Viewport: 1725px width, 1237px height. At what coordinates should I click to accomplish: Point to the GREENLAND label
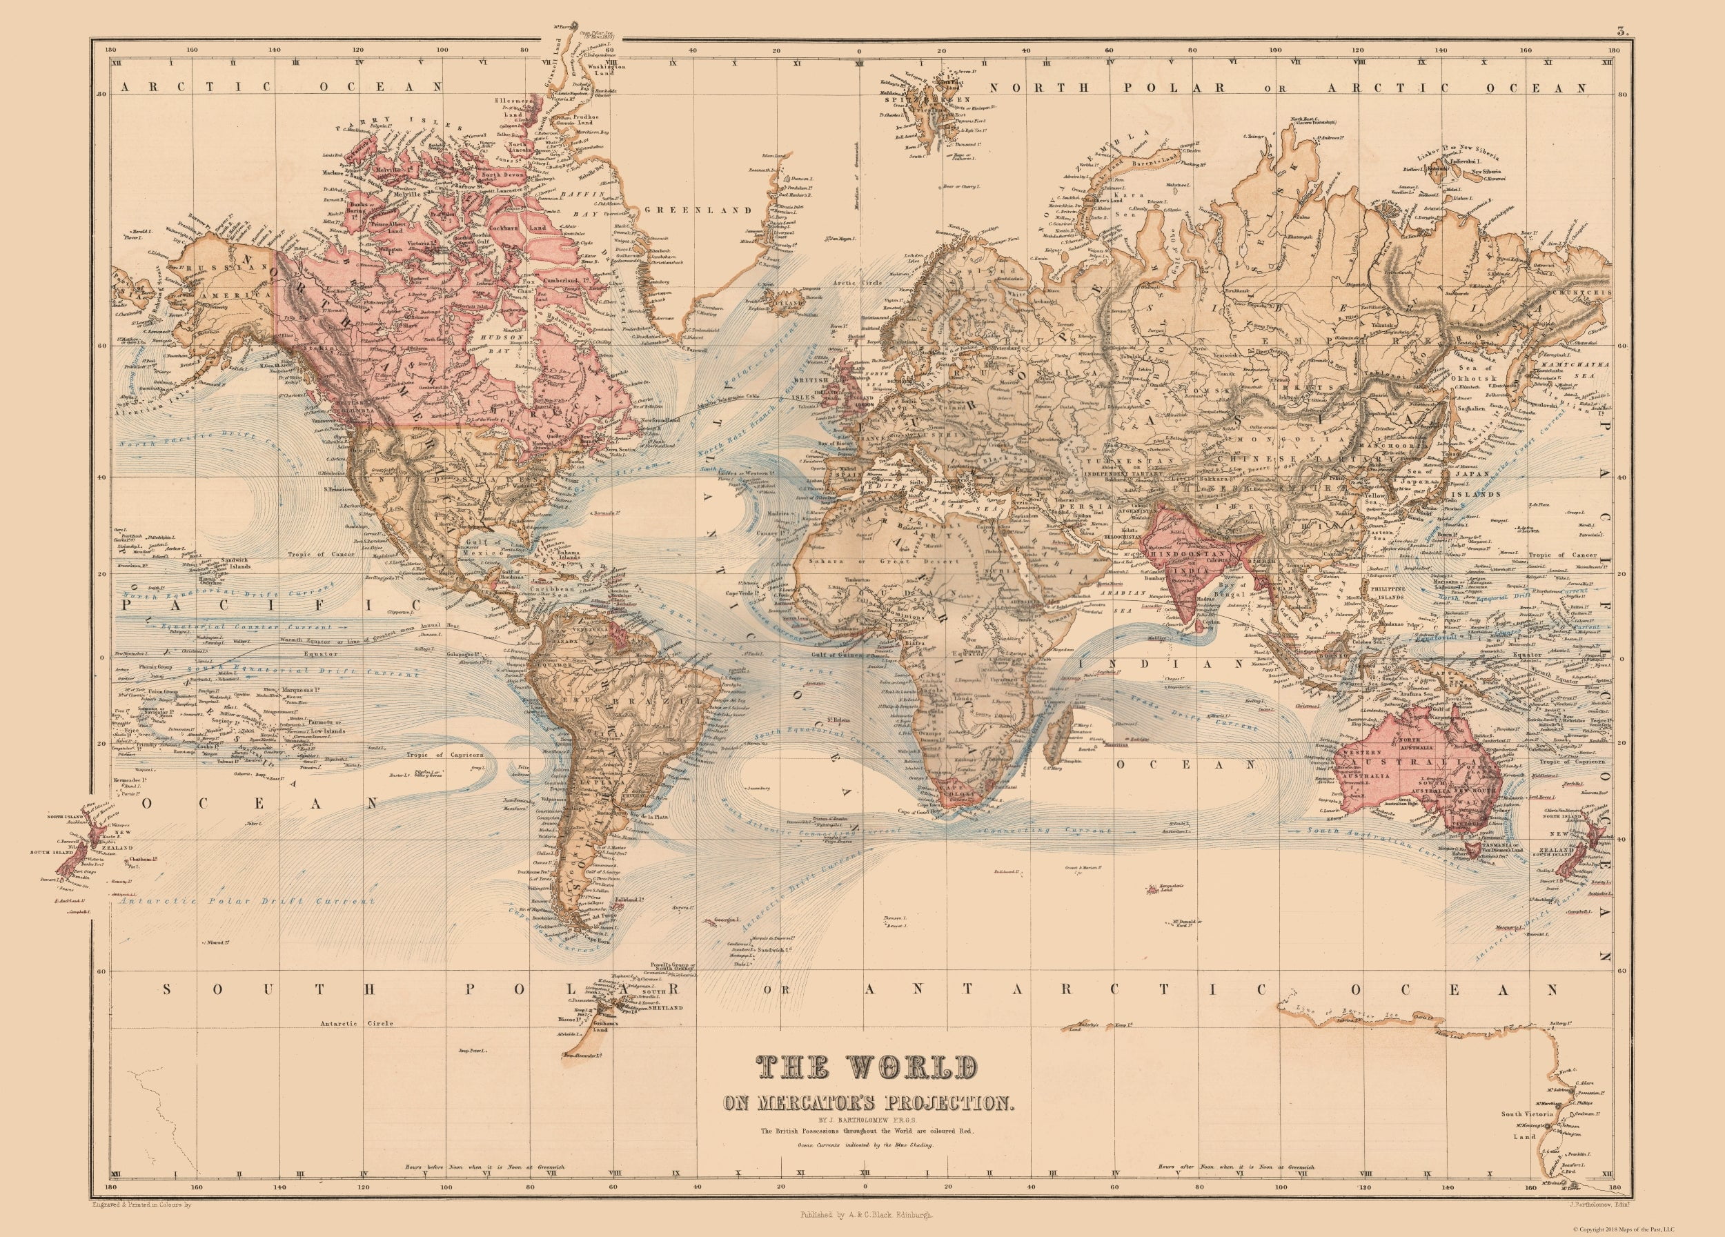click(698, 210)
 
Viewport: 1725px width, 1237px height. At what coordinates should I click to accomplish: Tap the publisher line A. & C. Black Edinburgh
click(862, 1216)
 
